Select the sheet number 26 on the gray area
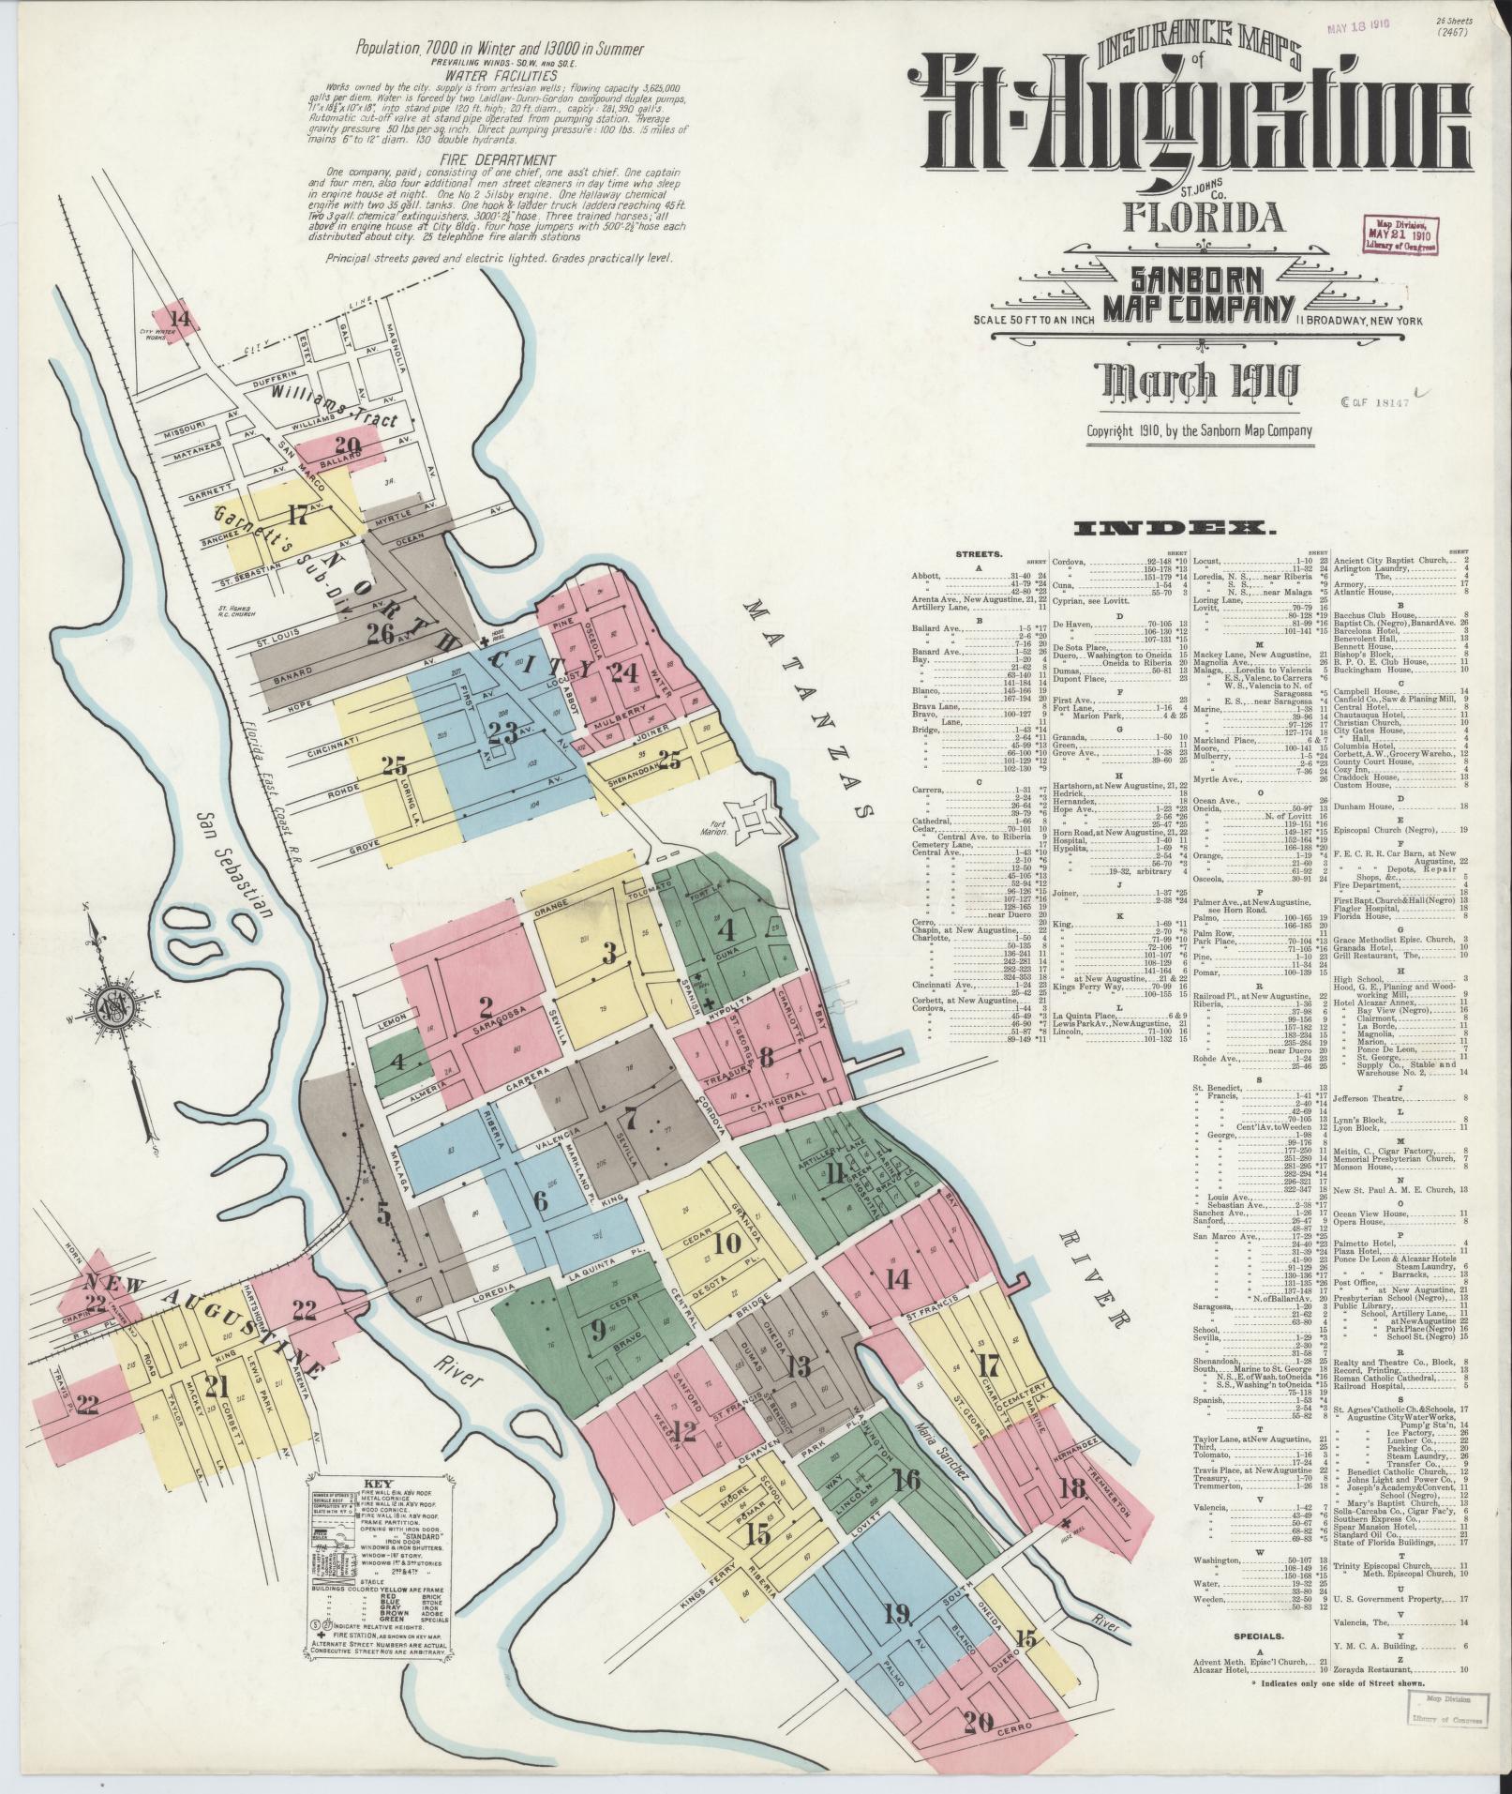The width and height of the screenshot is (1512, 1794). [379, 635]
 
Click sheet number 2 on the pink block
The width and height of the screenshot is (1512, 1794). [486, 1008]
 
